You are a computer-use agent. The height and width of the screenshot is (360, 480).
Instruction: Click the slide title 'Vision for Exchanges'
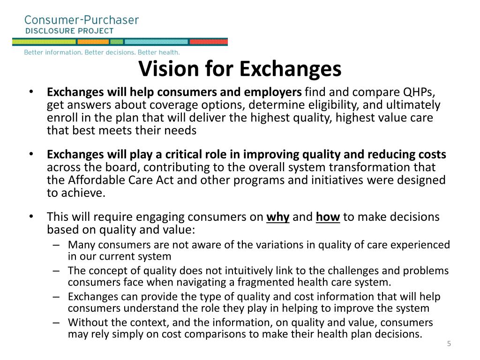240,69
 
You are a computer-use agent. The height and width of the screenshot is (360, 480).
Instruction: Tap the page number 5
449,344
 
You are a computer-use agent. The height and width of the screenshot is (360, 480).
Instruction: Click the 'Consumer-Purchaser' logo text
82,20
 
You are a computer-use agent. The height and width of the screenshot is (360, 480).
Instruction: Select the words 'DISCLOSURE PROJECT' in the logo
69,31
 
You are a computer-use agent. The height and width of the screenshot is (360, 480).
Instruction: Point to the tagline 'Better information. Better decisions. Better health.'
102,52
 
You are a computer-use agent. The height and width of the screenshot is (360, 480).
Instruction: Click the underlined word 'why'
278,217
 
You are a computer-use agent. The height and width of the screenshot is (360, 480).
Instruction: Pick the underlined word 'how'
328,217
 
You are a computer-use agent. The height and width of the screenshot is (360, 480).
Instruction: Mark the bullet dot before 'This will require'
31,217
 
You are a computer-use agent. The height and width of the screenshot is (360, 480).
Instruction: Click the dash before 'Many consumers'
56,245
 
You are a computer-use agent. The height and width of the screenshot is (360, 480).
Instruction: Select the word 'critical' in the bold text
154,155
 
